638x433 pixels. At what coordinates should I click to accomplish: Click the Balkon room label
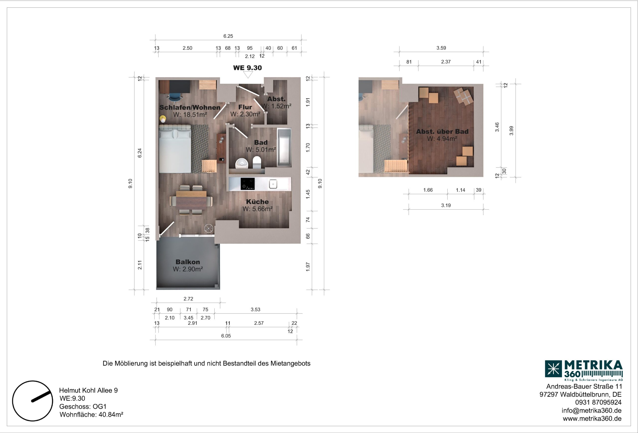(x=188, y=262)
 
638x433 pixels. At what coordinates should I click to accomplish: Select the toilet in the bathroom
(x=257, y=162)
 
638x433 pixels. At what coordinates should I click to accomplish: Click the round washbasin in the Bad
(x=242, y=163)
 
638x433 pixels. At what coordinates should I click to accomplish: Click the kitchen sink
(x=273, y=184)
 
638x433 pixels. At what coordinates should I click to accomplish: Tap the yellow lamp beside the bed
(x=163, y=119)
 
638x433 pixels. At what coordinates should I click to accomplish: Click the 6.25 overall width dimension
(x=228, y=36)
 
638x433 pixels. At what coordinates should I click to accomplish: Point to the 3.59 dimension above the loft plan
(x=441, y=48)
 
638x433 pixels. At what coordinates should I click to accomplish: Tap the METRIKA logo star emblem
(x=553, y=369)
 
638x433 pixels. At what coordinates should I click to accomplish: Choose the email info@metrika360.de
(x=591, y=411)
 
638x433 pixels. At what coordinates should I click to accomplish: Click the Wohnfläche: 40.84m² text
(x=91, y=414)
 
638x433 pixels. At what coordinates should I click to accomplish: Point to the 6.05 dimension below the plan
(x=226, y=336)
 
